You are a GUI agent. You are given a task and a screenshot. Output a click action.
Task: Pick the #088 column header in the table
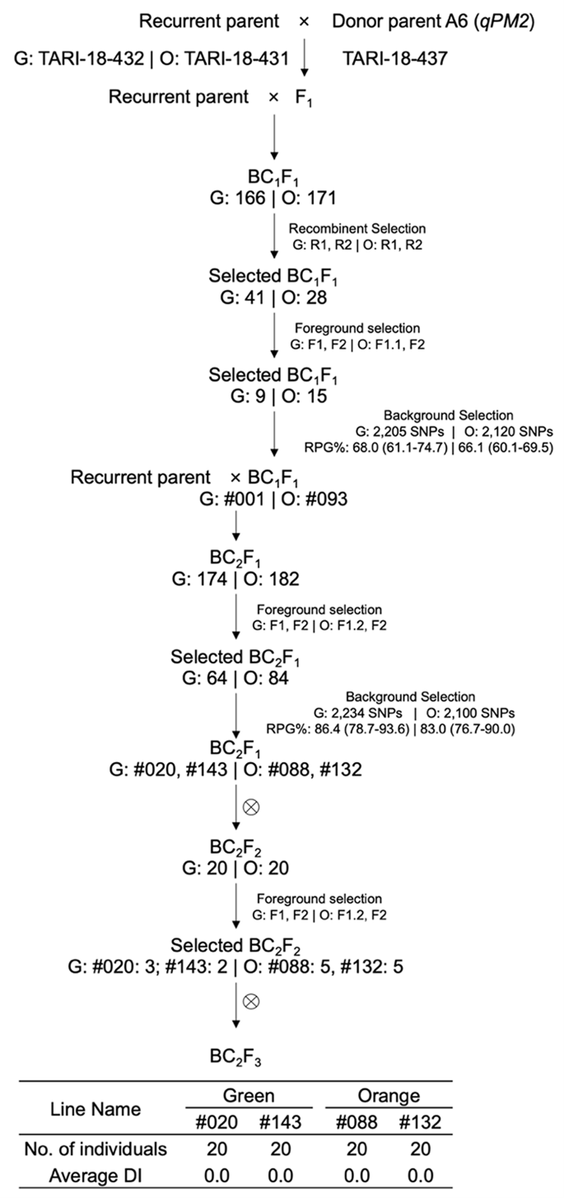(350, 1121)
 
